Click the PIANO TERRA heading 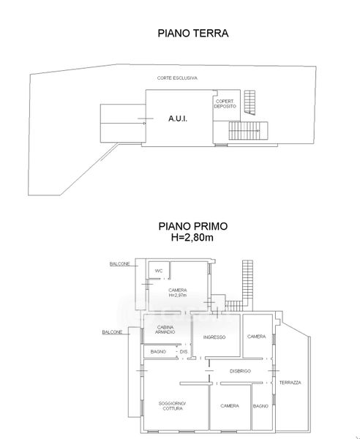pos(193,33)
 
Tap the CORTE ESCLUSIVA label pos(177,78)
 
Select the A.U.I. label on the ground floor pos(178,119)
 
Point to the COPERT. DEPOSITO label pos(225,104)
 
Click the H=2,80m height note pos(192,237)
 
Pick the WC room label pos(159,271)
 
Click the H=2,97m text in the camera pos(178,295)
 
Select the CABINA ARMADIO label pos(165,329)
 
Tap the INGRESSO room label pos(214,337)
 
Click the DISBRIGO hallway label pos(240,371)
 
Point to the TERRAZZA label pos(290,383)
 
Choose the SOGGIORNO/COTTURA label pos(173,406)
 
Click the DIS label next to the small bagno pos(184,352)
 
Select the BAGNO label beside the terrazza pos(260,406)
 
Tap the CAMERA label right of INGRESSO pos(256,337)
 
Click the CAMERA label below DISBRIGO pos(230,405)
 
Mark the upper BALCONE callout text pos(119,263)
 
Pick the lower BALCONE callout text pos(112,332)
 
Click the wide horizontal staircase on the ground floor pos(248,130)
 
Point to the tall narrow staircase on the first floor pos(247,280)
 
